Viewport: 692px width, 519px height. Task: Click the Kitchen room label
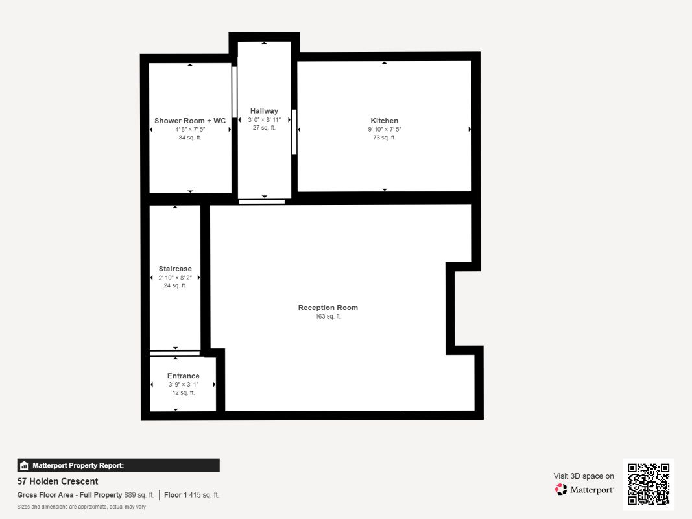(x=384, y=121)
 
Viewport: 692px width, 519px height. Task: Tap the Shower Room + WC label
(x=190, y=121)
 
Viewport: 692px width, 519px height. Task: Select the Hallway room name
(x=264, y=111)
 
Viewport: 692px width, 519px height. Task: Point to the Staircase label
(x=175, y=269)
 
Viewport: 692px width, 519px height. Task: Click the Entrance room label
(x=183, y=376)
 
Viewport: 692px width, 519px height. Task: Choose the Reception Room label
(x=328, y=308)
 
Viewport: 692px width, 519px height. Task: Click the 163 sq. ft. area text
(x=328, y=317)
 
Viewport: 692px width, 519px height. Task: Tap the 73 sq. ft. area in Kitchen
(x=384, y=138)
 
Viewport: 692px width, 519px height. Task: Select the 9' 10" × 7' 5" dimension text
(x=384, y=130)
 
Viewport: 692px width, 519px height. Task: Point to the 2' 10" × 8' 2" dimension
(x=175, y=278)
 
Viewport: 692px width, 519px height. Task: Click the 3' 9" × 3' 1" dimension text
(x=183, y=385)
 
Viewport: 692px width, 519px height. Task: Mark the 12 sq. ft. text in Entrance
(x=183, y=393)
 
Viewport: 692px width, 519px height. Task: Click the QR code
(x=648, y=484)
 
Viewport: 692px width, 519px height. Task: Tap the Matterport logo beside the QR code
(x=584, y=490)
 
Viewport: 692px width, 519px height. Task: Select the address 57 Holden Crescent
(x=58, y=481)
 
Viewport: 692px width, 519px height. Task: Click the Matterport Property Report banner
(x=118, y=465)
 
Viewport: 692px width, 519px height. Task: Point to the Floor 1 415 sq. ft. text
(x=191, y=495)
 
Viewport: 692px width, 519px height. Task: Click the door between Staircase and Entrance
(x=175, y=353)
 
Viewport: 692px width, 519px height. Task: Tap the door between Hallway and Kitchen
(x=294, y=132)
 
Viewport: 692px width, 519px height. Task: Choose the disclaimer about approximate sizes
(x=81, y=507)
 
